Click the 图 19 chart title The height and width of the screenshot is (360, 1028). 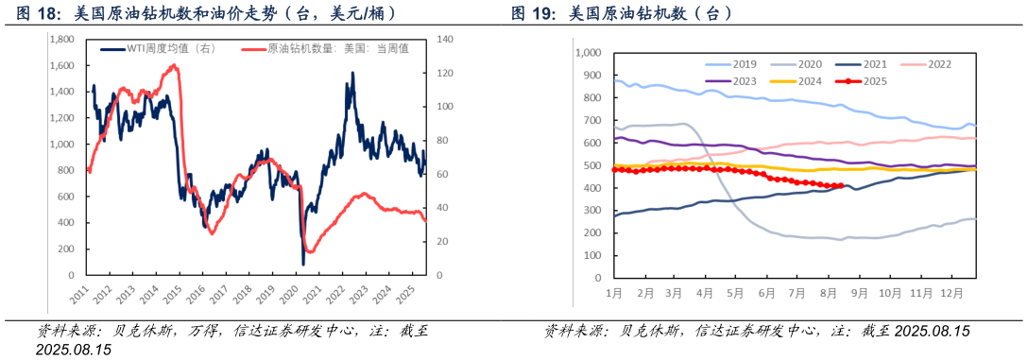[x=622, y=14]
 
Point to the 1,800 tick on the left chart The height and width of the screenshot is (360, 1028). [x=61, y=40]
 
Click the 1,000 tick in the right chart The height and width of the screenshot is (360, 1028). [x=589, y=52]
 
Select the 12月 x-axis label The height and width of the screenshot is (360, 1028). [x=951, y=294]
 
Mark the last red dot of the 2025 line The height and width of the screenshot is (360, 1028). [x=840, y=186]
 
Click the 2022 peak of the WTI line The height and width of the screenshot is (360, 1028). [x=353, y=73]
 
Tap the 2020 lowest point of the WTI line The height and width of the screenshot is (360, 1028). [x=303, y=264]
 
